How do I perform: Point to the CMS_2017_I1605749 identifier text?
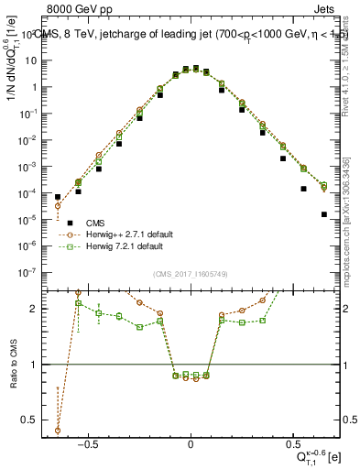pos(191,275)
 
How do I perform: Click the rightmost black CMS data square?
pos(324,214)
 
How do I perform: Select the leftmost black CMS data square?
pos(58,197)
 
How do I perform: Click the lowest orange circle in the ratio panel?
pos(58,430)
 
